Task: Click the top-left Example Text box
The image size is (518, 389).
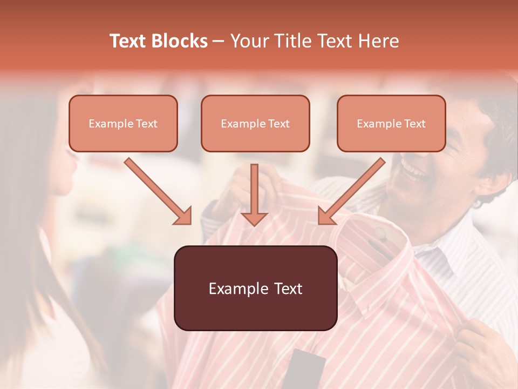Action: click(123, 124)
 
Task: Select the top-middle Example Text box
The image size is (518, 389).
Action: click(255, 124)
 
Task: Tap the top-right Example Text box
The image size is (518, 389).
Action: click(391, 124)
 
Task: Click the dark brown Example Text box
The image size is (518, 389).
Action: click(255, 289)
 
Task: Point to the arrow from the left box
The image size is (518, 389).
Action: click(158, 191)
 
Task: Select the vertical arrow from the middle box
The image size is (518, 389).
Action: click(254, 194)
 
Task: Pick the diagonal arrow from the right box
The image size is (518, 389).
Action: click(352, 191)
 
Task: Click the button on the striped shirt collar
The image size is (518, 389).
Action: click(381, 233)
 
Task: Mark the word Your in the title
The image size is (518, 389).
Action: click(249, 41)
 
